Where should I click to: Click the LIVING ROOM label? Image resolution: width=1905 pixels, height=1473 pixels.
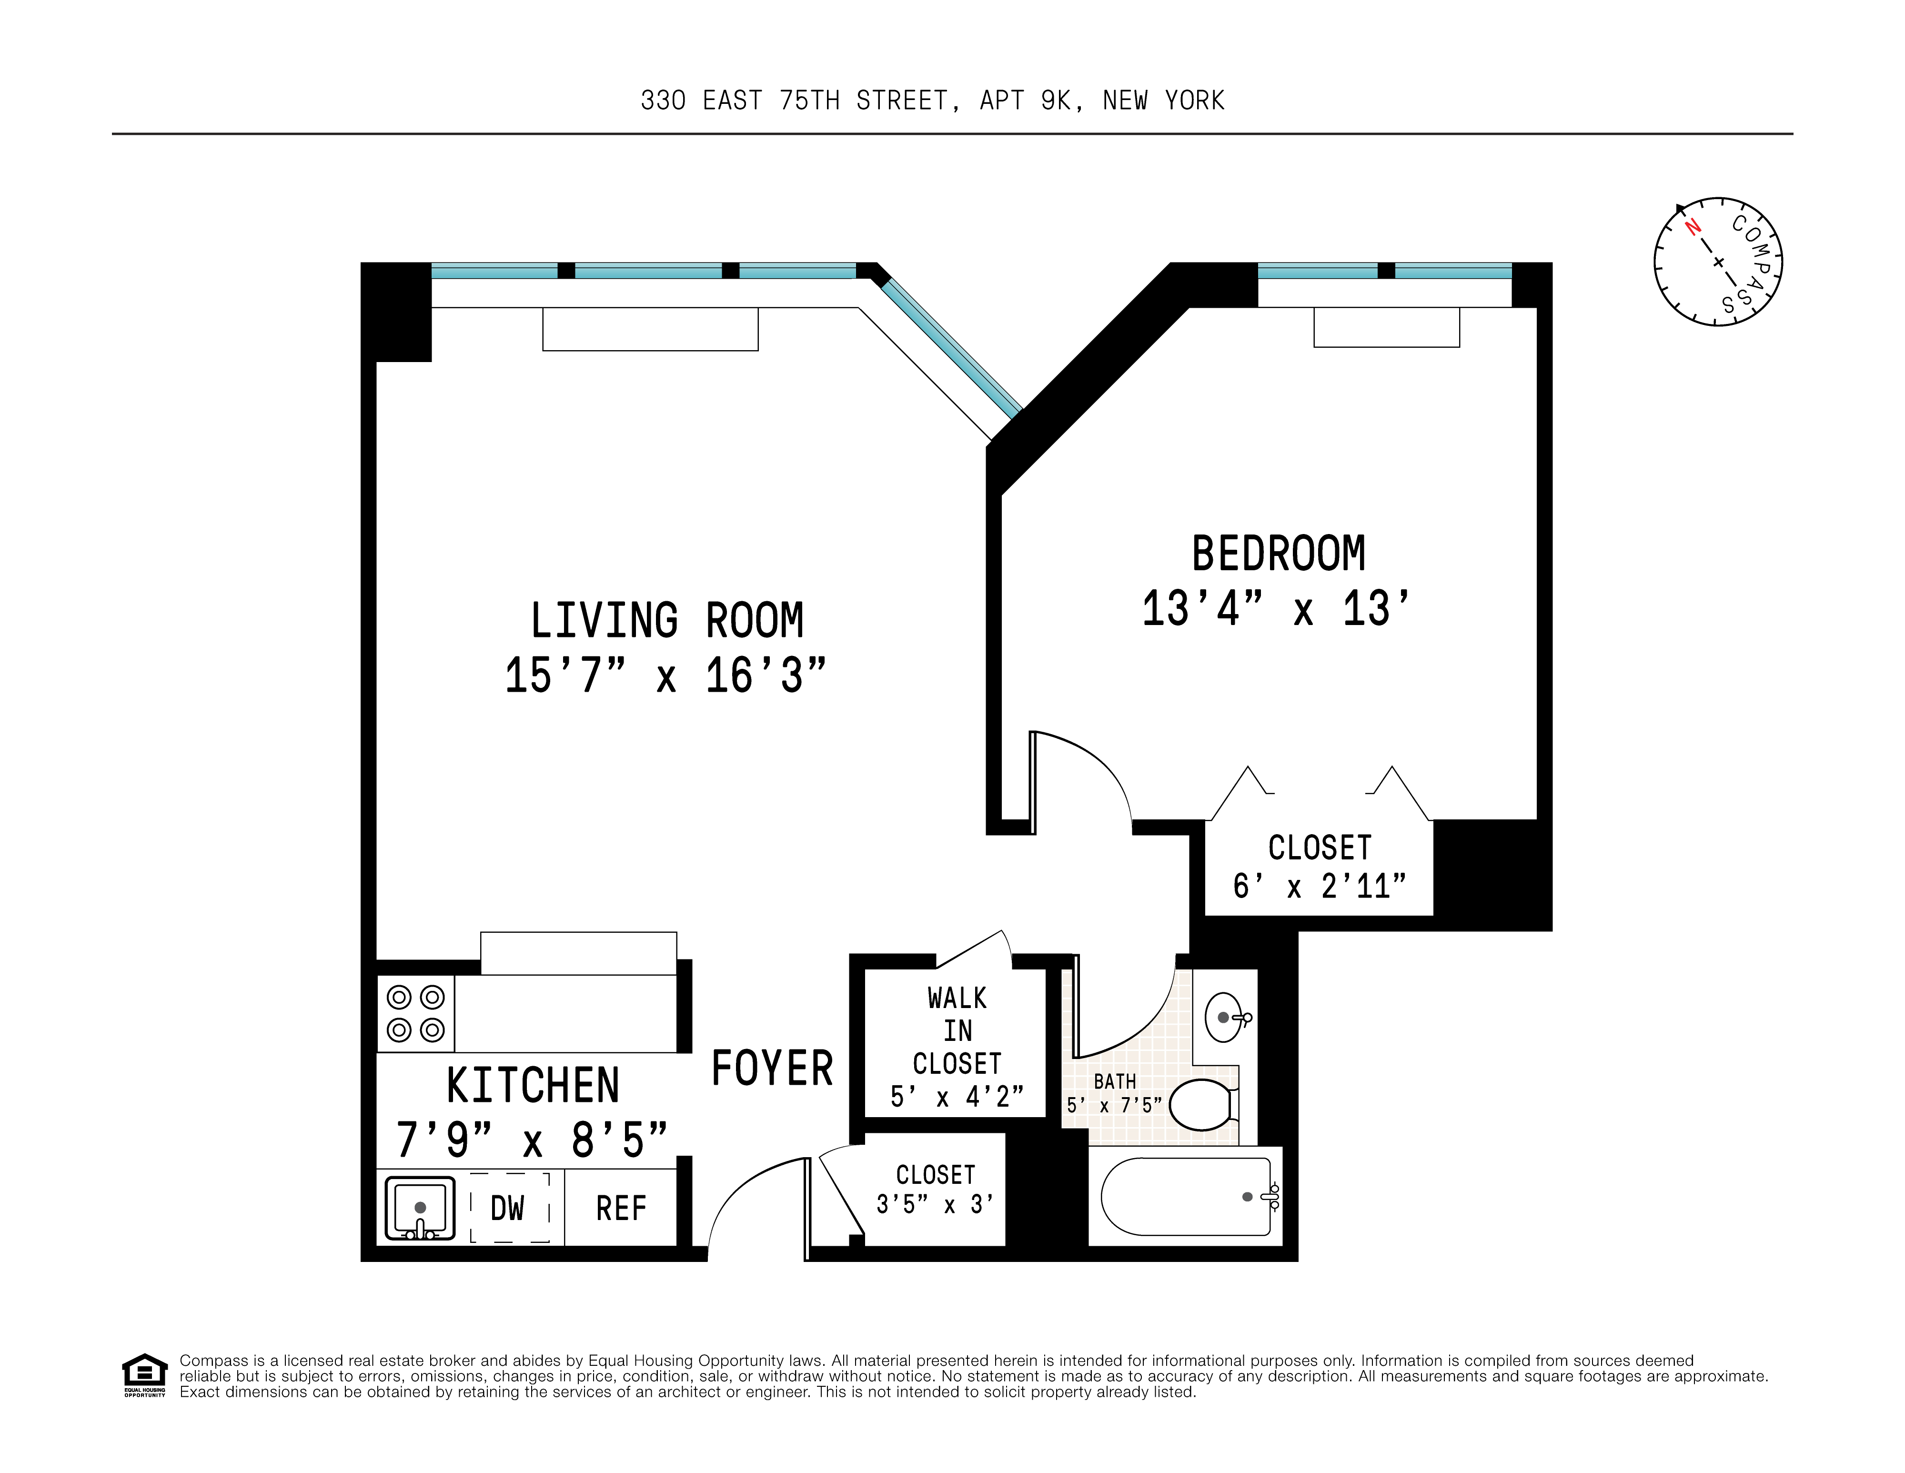[666, 621]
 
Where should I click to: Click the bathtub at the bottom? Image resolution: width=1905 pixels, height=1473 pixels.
[1185, 1197]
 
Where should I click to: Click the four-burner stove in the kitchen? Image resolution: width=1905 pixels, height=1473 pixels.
[416, 1013]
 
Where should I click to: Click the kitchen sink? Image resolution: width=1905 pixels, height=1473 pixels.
[420, 1208]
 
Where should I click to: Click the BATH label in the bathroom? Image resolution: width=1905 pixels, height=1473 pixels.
[1115, 1081]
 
